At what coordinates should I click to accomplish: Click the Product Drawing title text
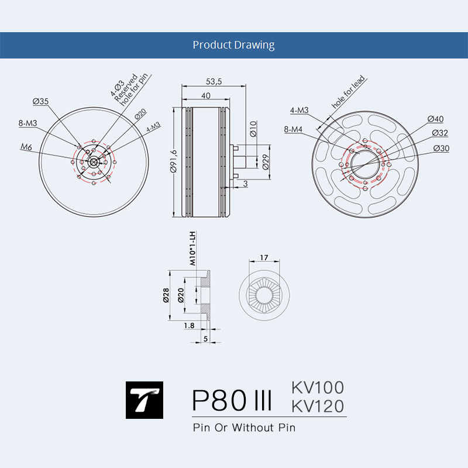coord(233,45)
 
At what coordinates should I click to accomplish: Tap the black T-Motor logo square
coord(144,400)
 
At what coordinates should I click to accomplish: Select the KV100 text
coord(318,387)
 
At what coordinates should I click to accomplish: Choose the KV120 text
coord(318,406)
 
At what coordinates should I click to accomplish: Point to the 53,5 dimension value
coord(214,81)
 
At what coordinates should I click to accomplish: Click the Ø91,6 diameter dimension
coord(173,161)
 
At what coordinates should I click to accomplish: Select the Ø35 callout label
coord(40,101)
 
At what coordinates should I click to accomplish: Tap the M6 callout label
coord(26,147)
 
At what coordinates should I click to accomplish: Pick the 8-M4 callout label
coord(293,129)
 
